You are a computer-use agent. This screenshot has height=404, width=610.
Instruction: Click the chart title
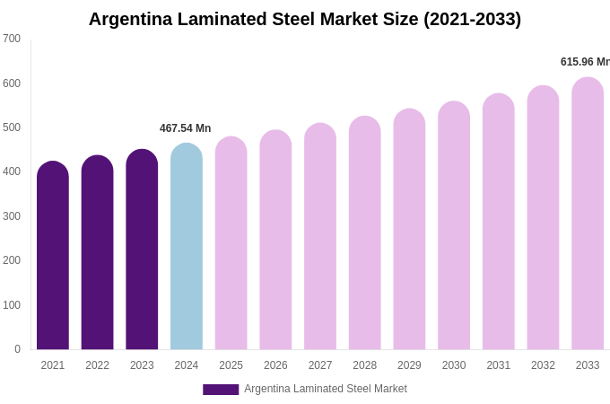click(x=304, y=19)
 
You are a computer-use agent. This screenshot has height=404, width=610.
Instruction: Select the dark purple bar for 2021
click(x=53, y=256)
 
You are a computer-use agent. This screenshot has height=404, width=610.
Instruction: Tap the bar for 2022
click(x=97, y=253)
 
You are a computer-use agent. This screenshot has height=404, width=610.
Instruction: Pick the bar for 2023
click(x=142, y=250)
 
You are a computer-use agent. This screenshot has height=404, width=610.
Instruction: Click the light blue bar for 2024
click(x=187, y=247)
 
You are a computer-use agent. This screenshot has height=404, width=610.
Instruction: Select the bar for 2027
click(x=320, y=237)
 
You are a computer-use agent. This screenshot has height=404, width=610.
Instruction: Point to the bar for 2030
click(x=454, y=226)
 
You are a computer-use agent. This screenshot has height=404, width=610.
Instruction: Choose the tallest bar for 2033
click(x=588, y=214)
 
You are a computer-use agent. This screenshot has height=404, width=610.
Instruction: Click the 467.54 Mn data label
click(x=186, y=128)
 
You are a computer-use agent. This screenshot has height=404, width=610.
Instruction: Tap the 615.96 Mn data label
click(x=585, y=62)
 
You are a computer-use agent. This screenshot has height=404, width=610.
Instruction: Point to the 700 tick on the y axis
click(x=12, y=39)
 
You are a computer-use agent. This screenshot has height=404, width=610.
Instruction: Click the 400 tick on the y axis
click(x=12, y=171)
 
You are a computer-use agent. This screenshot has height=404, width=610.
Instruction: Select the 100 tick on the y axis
click(x=12, y=305)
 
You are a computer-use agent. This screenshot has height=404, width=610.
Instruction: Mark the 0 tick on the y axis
click(x=17, y=349)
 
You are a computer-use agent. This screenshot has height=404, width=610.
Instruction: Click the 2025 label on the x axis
click(x=231, y=365)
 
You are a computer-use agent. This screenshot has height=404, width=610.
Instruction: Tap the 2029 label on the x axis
click(x=409, y=365)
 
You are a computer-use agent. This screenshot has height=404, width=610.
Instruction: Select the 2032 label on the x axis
click(x=543, y=365)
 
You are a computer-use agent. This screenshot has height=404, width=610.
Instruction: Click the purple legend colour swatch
click(x=221, y=389)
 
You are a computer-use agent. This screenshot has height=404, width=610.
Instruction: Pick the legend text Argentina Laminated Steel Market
click(x=326, y=389)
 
